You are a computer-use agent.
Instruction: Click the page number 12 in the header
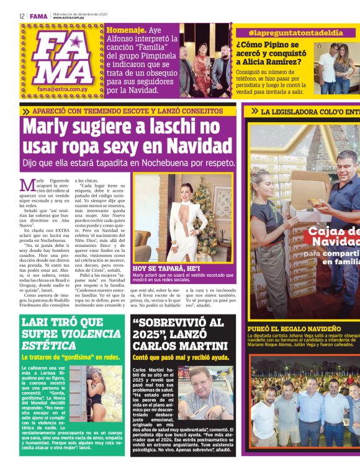coord(21,16)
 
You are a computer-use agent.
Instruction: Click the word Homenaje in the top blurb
coord(127,29)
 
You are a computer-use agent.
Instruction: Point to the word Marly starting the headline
coord(45,126)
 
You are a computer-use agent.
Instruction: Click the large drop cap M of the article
coord(27,185)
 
